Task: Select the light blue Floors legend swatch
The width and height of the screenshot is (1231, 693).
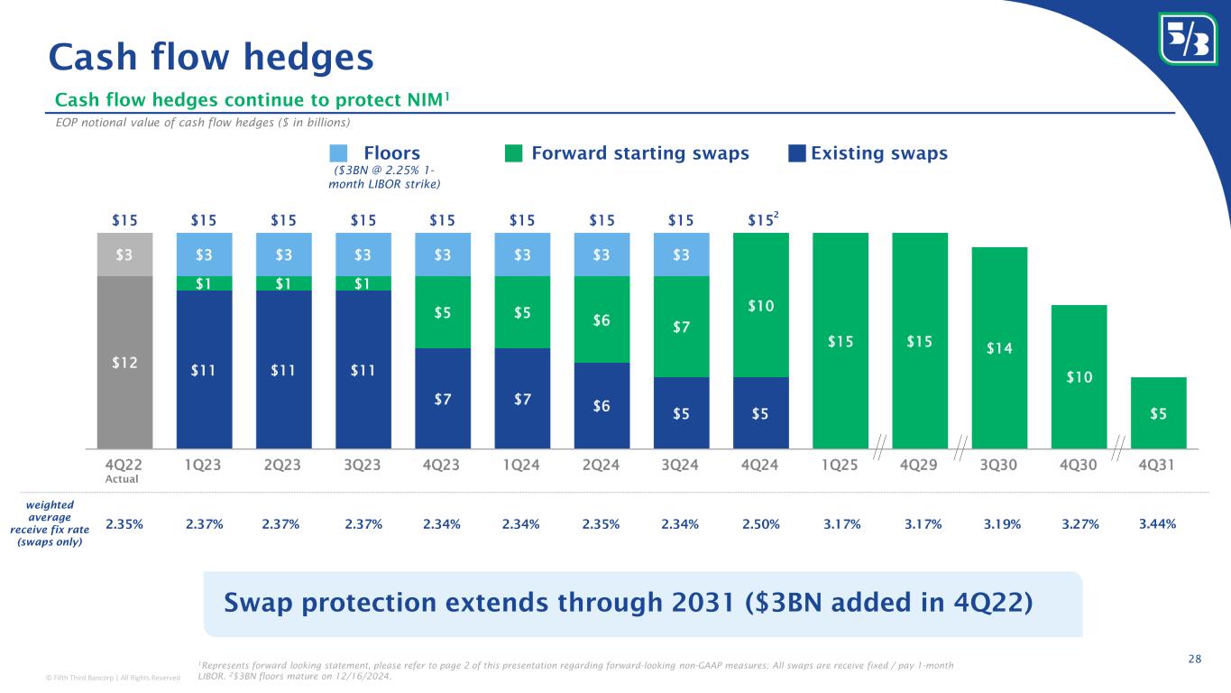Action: (338, 153)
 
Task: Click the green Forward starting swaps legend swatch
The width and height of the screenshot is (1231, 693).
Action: (513, 153)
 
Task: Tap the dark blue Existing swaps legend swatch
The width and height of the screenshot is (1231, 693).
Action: (796, 153)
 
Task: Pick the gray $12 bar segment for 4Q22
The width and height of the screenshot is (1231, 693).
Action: (124, 362)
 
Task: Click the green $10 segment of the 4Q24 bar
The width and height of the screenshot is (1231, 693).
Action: (761, 307)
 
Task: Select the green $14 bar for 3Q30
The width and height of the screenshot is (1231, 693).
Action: (999, 347)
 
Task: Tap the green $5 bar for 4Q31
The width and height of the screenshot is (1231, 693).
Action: (1158, 412)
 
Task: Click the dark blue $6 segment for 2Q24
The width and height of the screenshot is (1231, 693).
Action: (602, 405)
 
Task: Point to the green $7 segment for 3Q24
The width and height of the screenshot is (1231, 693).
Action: (682, 326)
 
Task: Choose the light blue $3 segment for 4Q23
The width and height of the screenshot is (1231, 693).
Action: (443, 254)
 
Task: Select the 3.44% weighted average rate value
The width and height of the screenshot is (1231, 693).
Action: (1158, 523)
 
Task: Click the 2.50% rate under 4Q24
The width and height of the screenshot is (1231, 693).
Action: (761, 523)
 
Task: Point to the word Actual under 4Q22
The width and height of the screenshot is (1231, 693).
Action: (123, 479)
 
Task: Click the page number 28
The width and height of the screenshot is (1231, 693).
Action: (1194, 659)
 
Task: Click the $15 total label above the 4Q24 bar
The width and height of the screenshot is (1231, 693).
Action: (760, 220)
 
